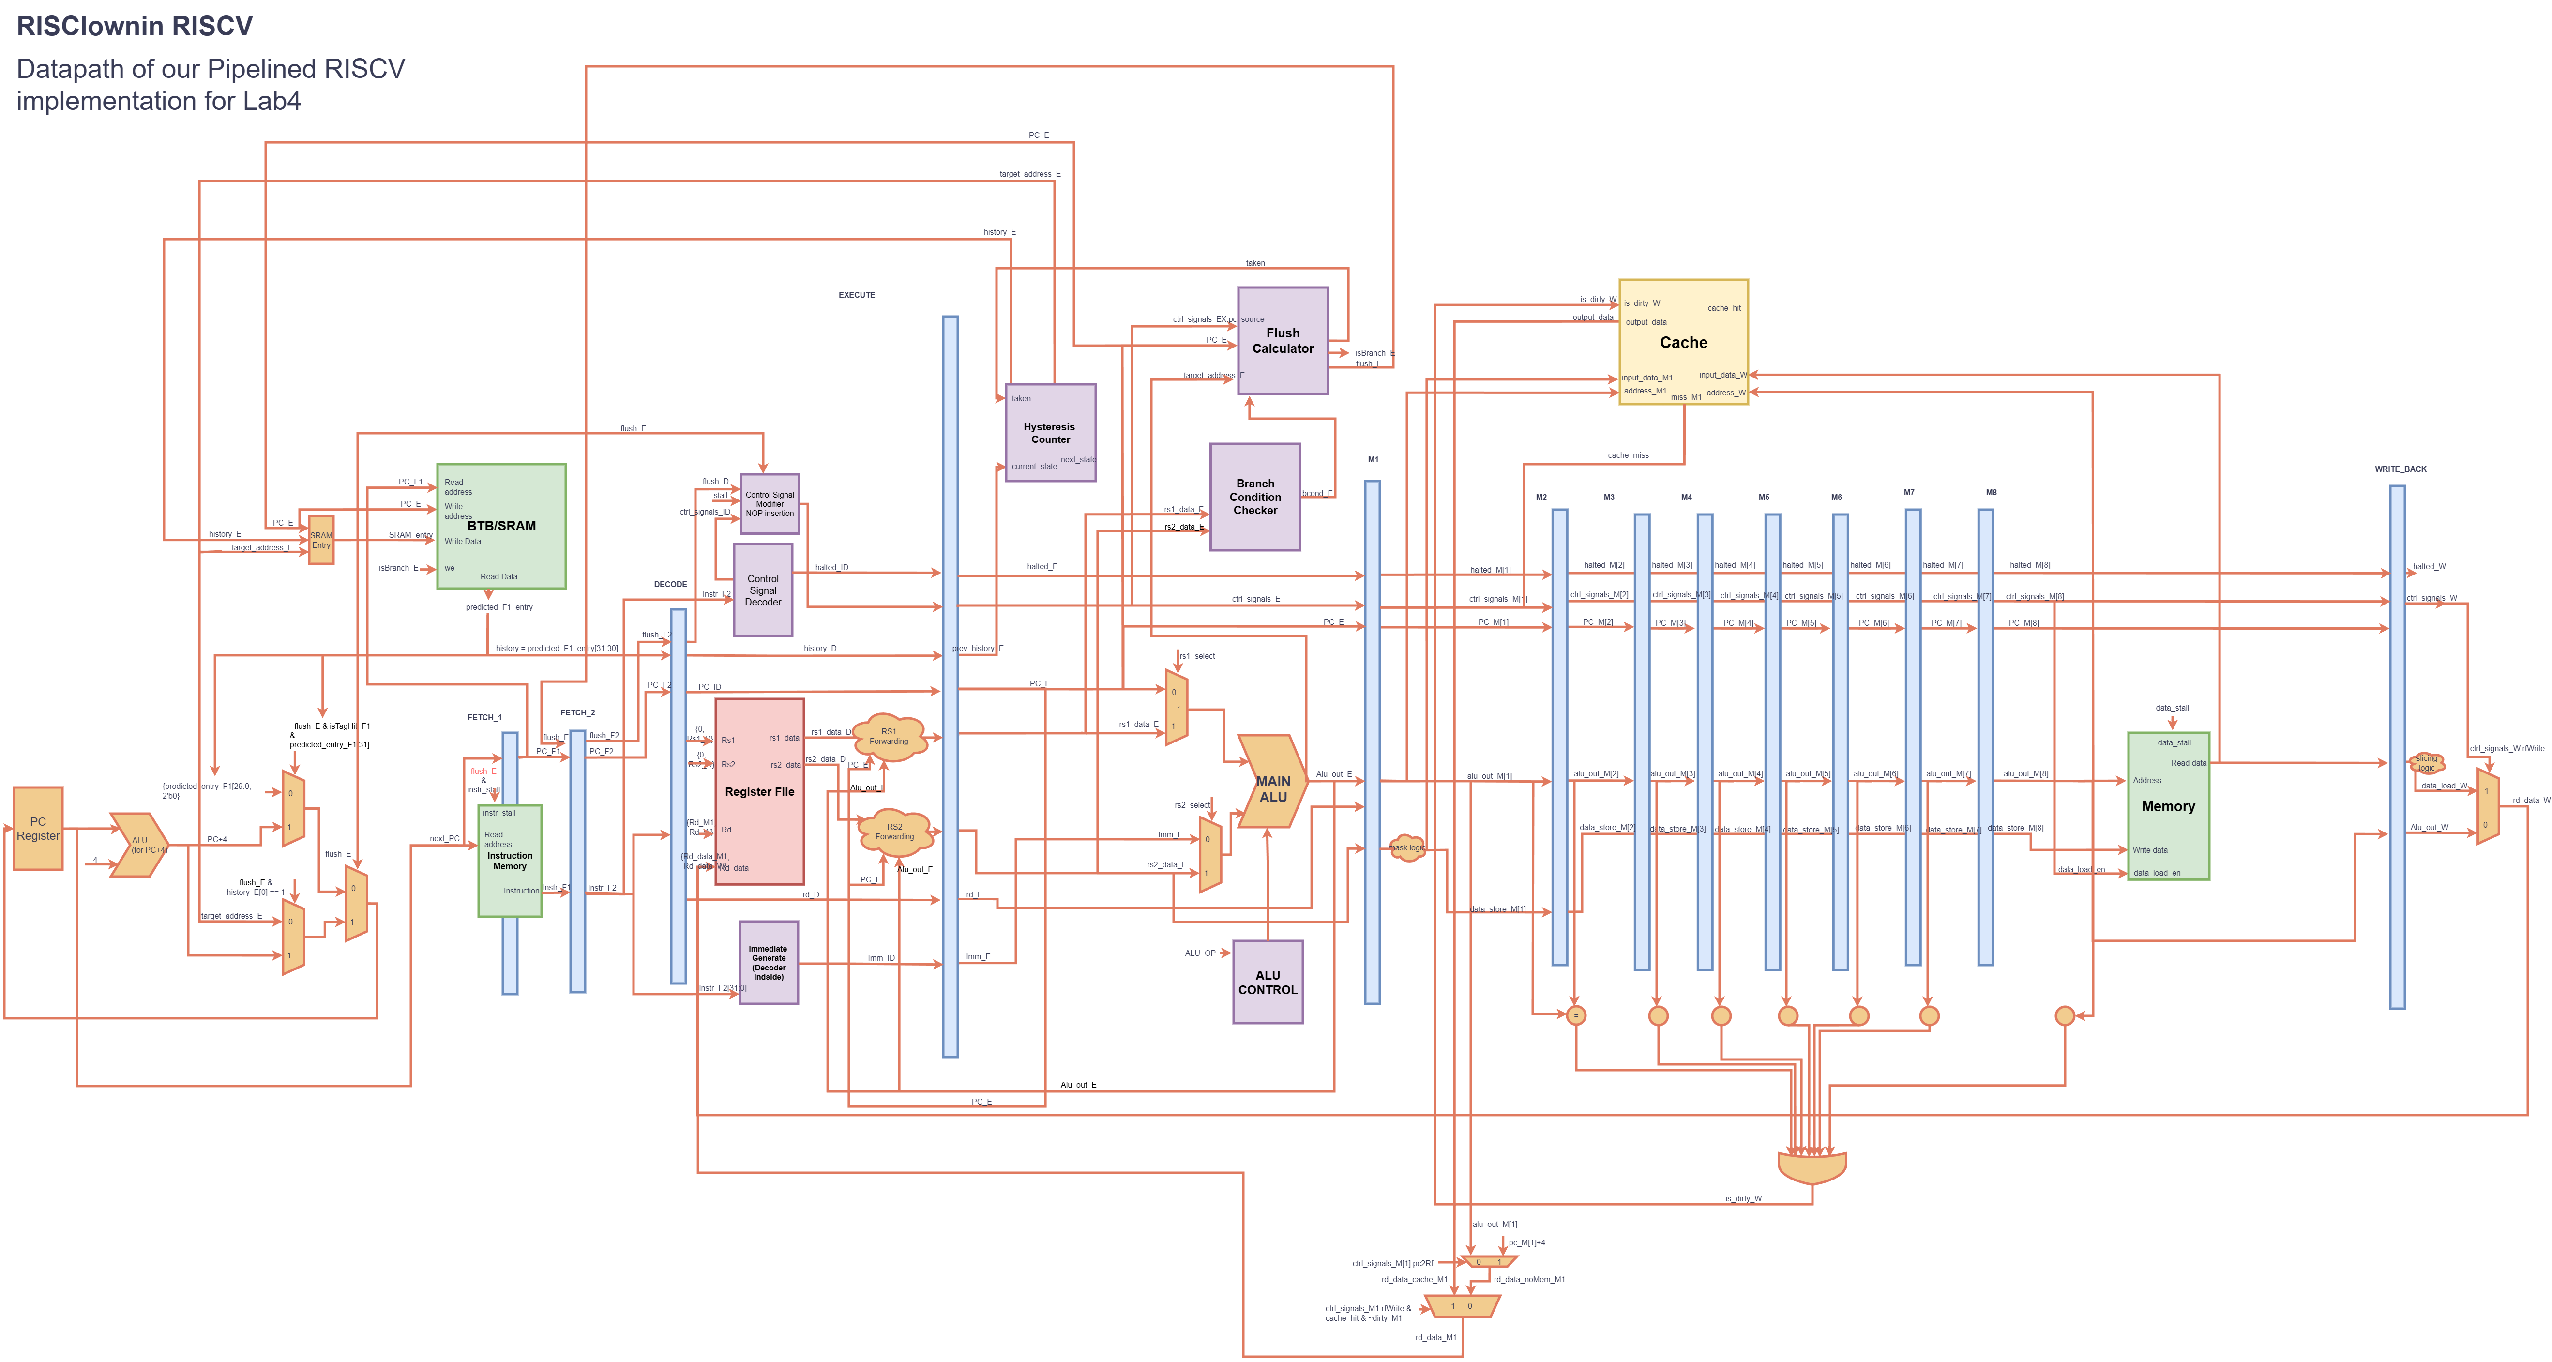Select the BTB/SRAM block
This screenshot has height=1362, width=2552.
click(501, 526)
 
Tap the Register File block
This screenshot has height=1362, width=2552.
click(759, 791)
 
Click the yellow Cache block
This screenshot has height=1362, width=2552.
click(1683, 342)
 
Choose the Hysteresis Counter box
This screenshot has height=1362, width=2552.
click(1050, 433)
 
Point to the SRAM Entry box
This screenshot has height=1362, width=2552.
click(321, 540)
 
